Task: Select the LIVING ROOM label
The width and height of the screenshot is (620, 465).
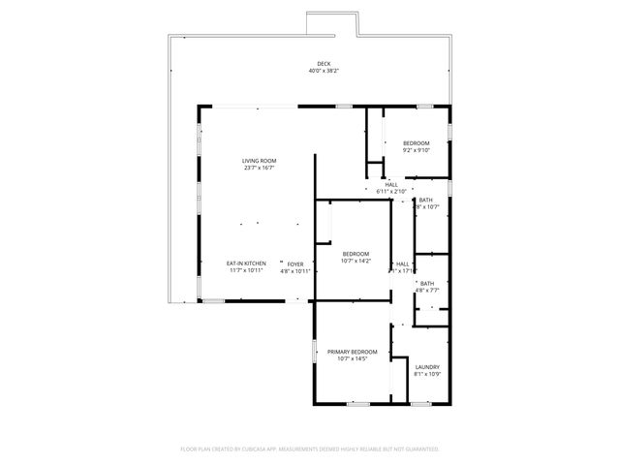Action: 259,161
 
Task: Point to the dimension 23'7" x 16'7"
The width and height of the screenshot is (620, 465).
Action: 259,168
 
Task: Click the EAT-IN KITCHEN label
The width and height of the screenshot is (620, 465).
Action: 246,263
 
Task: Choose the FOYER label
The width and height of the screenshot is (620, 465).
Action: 294,263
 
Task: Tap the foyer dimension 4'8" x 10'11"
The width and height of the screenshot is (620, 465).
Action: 294,271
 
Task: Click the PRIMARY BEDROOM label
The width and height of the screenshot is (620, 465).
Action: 352,352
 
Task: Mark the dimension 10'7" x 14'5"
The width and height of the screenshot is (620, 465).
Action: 352,358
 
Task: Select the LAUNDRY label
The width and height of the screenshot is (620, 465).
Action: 427,367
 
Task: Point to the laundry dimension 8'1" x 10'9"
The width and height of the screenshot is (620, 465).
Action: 427,374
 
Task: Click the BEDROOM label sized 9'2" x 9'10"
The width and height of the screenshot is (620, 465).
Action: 417,143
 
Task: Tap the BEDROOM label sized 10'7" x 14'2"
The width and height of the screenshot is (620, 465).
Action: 356,254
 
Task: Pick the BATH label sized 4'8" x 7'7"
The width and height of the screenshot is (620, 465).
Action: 427,283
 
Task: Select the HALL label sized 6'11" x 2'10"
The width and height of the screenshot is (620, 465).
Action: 390,184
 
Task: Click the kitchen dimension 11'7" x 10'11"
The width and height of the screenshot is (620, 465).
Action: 246,271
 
